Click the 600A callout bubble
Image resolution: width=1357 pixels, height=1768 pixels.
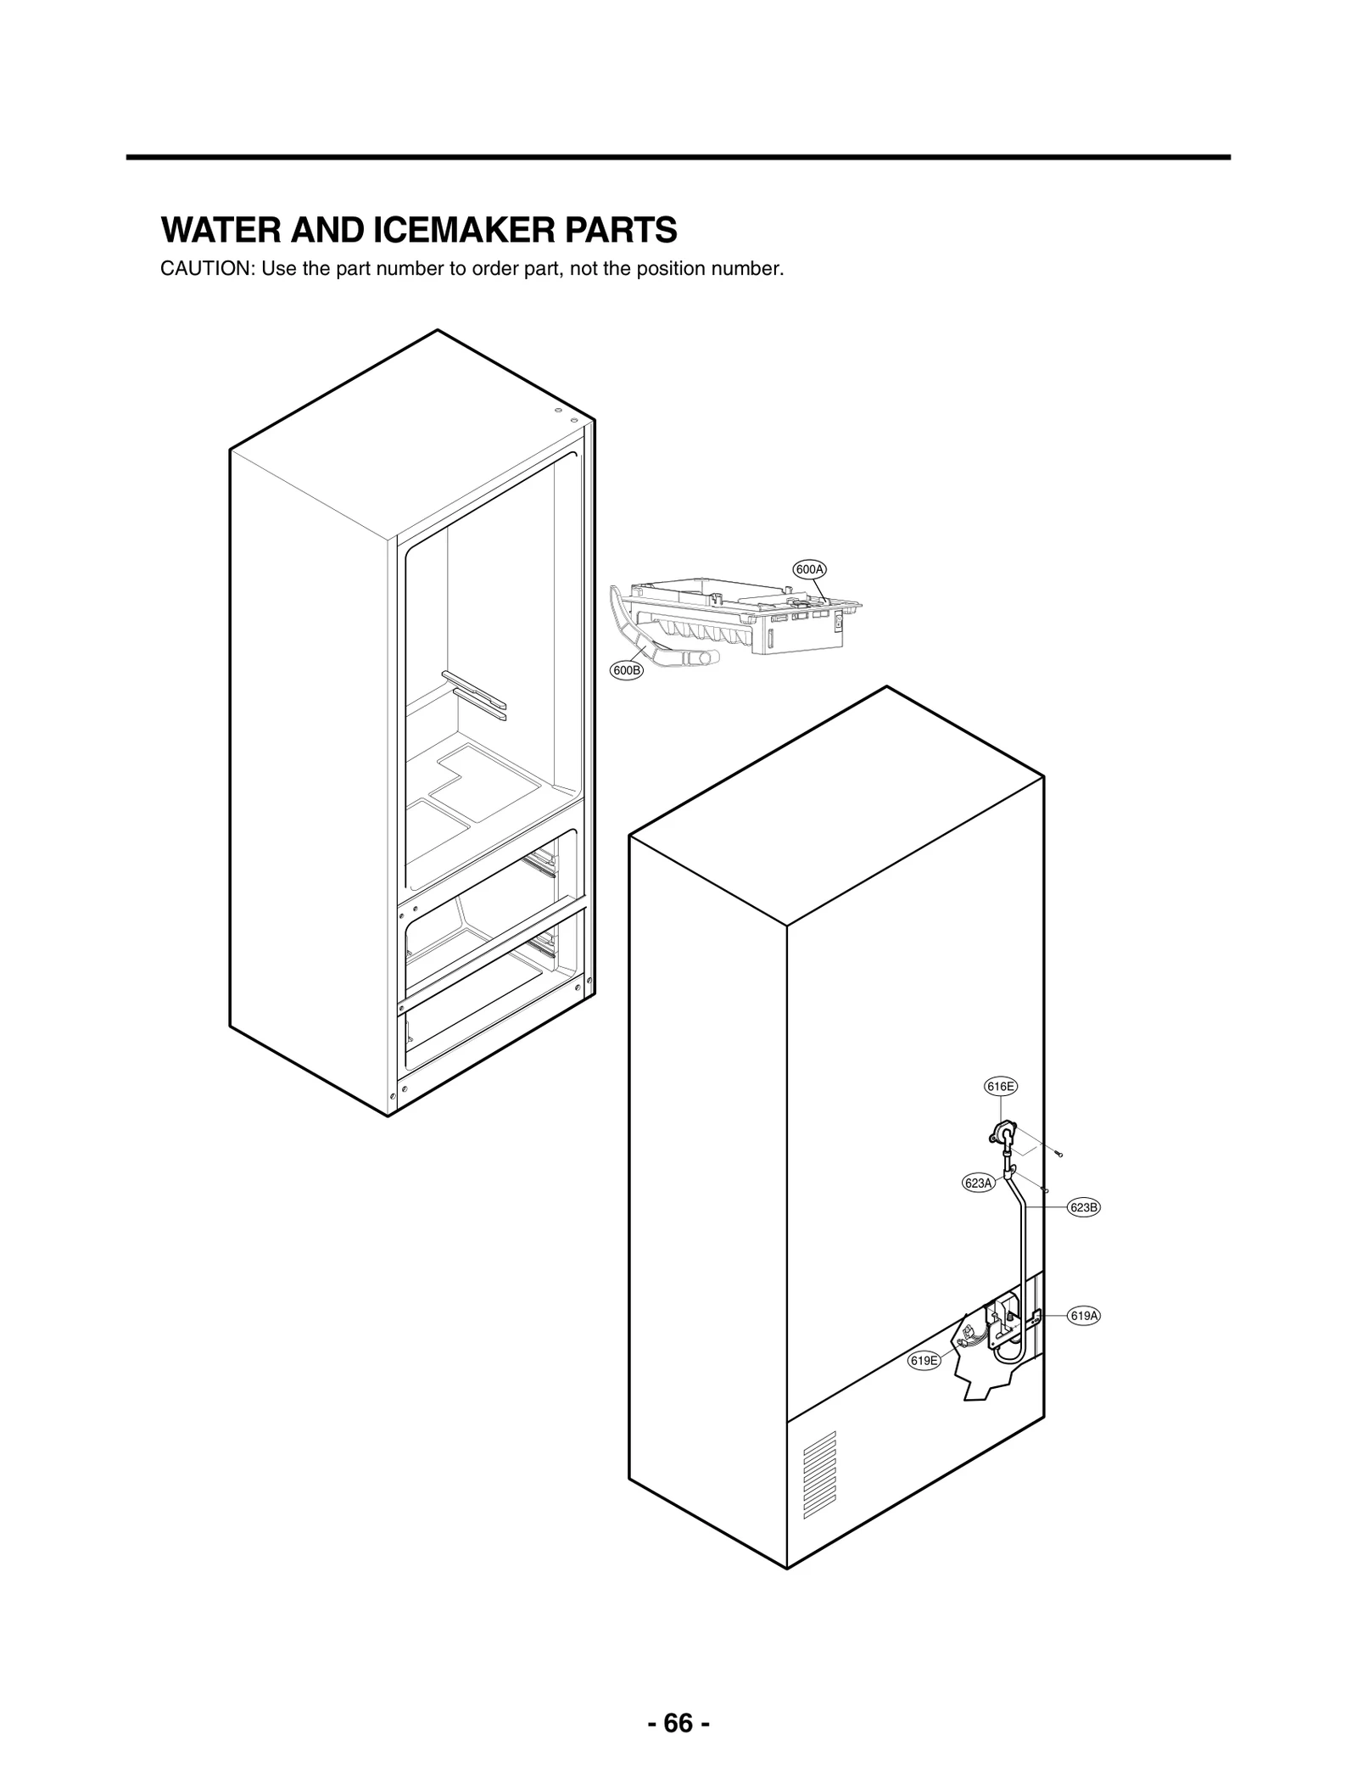[x=809, y=569]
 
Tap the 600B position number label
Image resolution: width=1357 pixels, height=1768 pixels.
[x=627, y=670]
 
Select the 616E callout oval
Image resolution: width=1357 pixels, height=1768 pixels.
[x=1000, y=1086]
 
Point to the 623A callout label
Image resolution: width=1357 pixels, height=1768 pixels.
[x=978, y=1183]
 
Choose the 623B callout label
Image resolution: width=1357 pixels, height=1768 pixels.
[x=1083, y=1207]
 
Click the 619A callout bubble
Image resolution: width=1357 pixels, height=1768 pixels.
[x=1083, y=1316]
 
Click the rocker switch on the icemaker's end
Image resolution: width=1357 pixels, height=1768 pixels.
[x=840, y=622]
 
